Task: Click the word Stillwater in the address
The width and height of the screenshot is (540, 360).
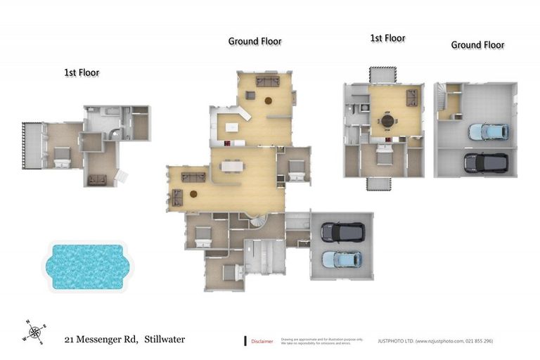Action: pyautogui.click(x=165, y=340)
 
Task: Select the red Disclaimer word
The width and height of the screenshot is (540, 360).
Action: pyautogui.click(x=262, y=341)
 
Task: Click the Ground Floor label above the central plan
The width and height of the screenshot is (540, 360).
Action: pyautogui.click(x=255, y=41)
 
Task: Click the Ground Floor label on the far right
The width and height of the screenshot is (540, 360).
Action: pyautogui.click(x=477, y=44)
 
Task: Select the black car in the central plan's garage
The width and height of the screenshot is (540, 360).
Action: pyautogui.click(x=342, y=232)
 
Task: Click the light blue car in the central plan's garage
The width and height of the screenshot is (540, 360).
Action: pyautogui.click(x=342, y=259)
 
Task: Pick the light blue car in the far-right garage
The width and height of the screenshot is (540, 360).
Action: pyautogui.click(x=484, y=131)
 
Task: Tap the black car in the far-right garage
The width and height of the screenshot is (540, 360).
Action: pyautogui.click(x=484, y=162)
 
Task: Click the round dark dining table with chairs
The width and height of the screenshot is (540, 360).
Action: pyautogui.click(x=387, y=121)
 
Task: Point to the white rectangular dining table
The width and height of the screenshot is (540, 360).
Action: pyautogui.click(x=231, y=167)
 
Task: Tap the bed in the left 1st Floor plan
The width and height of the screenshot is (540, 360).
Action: pyautogui.click(x=61, y=157)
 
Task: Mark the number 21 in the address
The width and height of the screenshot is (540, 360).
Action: pyautogui.click(x=70, y=340)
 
